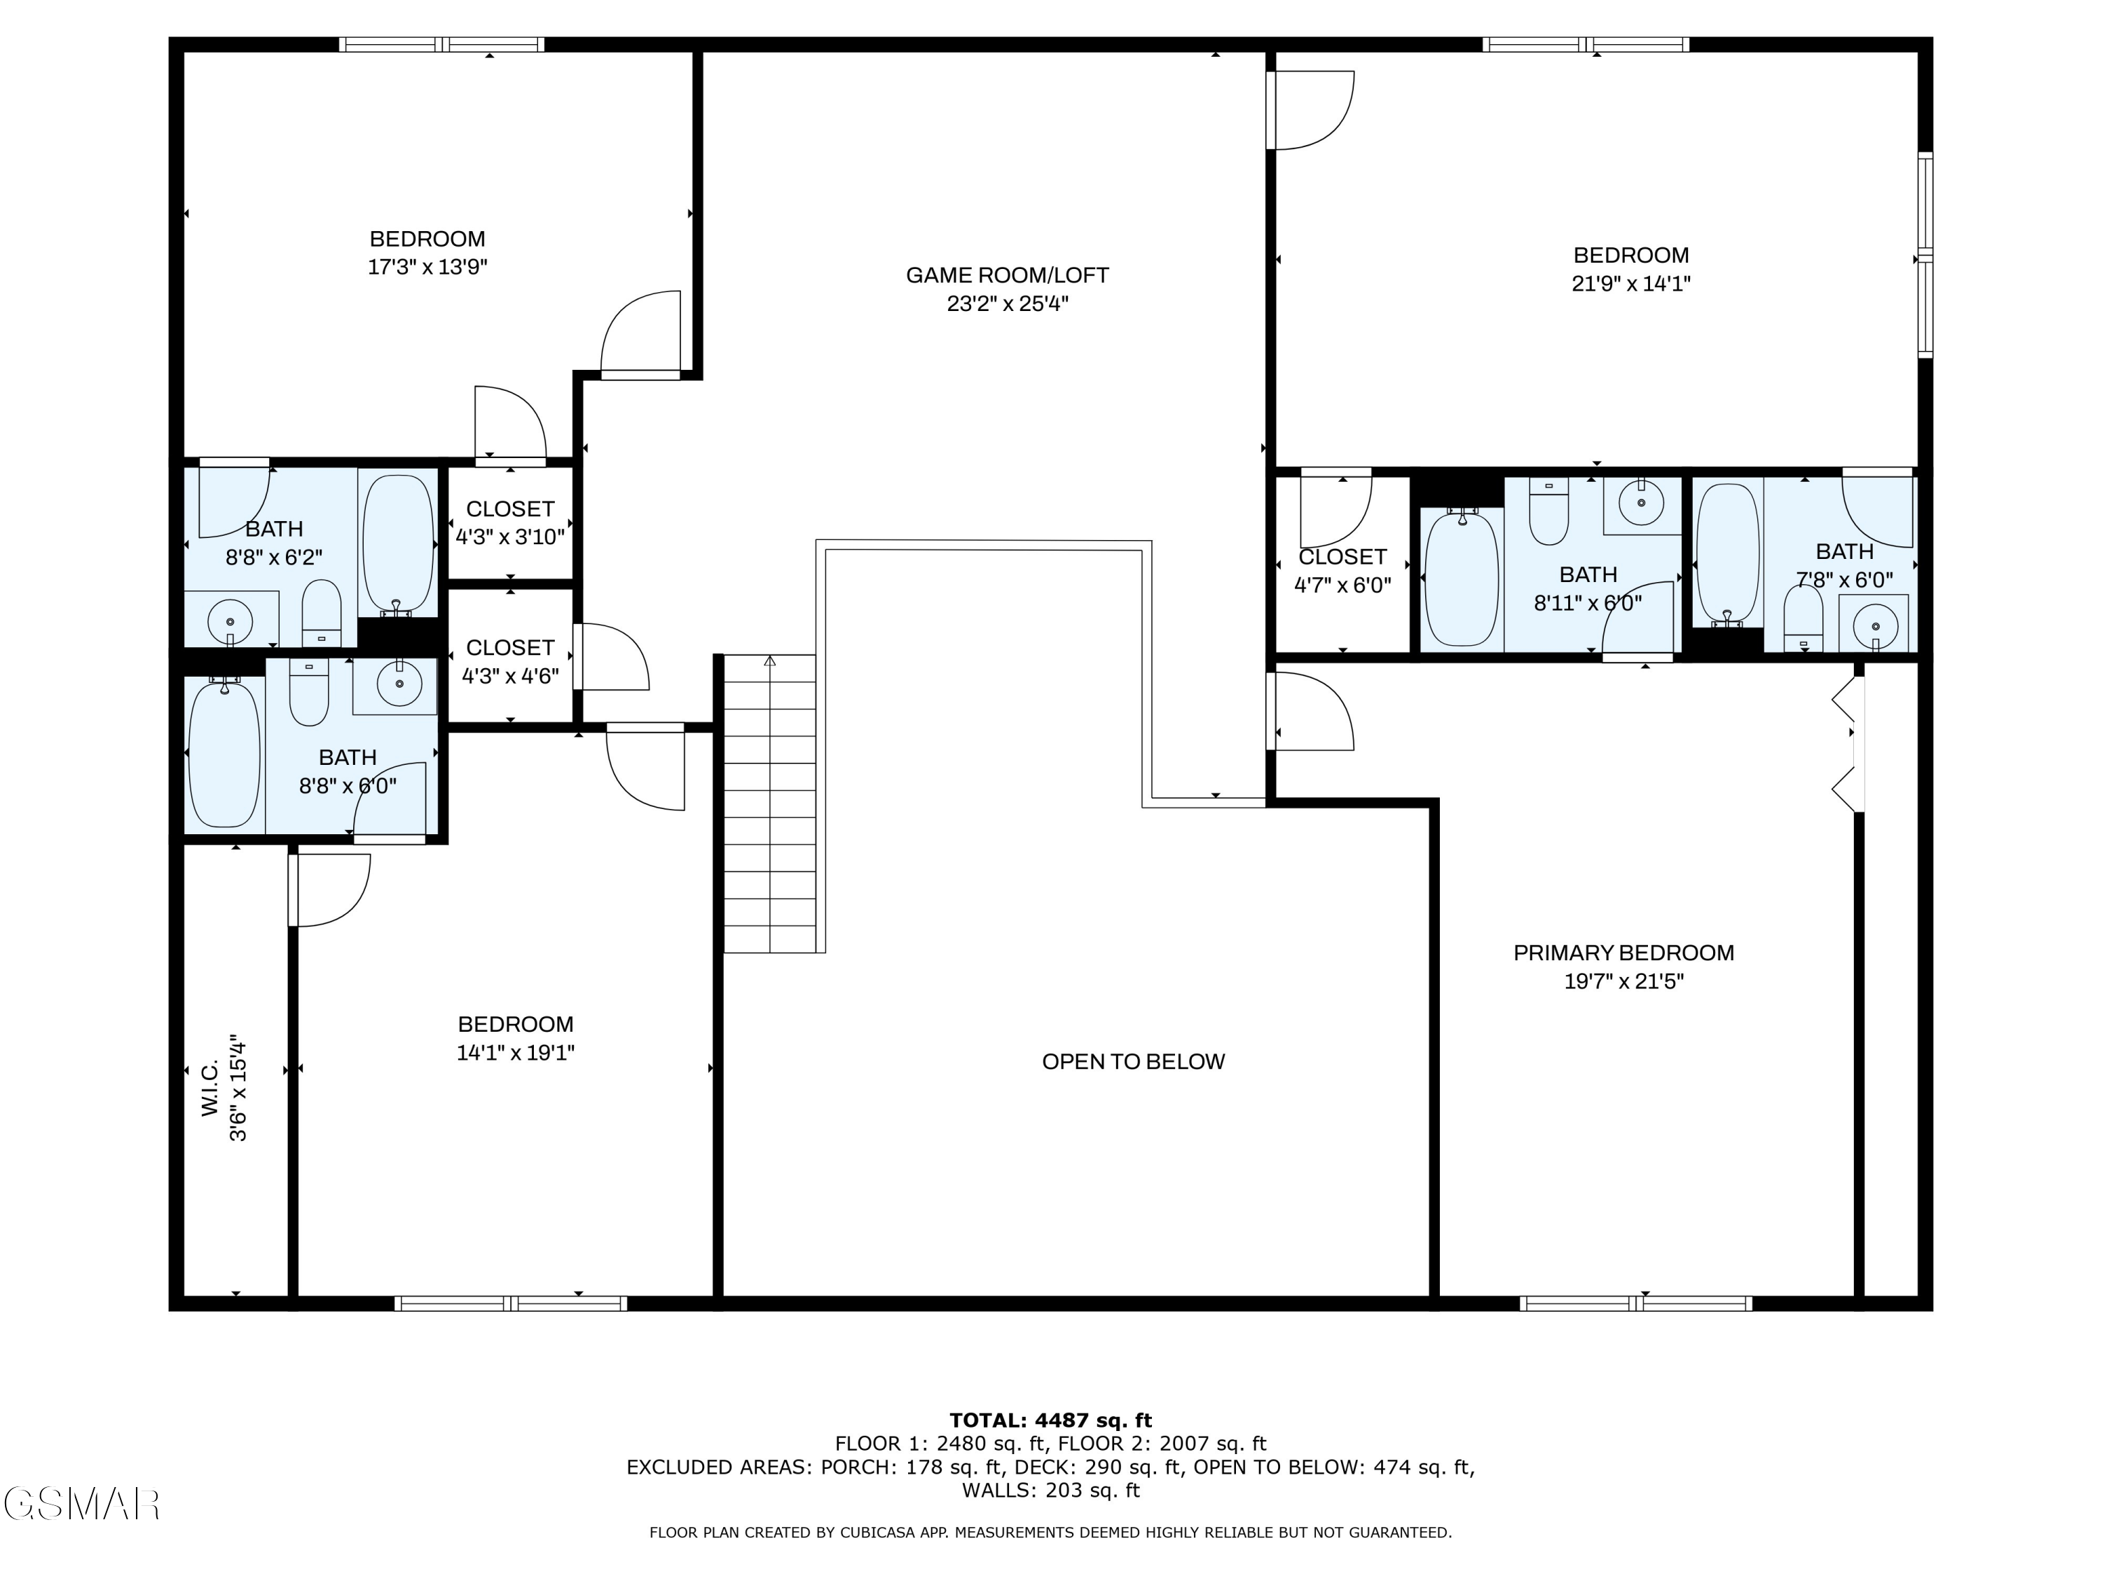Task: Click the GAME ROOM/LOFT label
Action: pos(1008,275)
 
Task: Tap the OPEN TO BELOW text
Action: pos(1134,1062)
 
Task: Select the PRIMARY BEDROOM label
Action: pos(1624,953)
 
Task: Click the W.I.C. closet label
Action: pos(210,1088)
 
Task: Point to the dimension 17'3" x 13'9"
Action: pos(427,267)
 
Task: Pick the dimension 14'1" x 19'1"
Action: pos(516,1053)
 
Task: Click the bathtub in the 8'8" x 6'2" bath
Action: pos(398,542)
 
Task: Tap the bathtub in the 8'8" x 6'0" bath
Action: pos(224,753)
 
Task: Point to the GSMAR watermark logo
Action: pos(81,1503)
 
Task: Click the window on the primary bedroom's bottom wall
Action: pos(1635,1304)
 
